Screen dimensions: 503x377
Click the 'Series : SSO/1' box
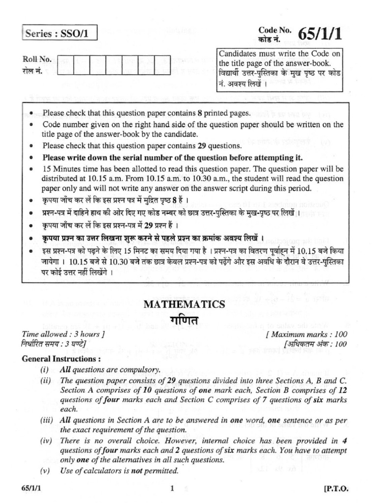tap(59, 34)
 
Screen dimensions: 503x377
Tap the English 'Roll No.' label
tap(37, 59)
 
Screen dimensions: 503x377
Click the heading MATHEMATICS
tap(184, 305)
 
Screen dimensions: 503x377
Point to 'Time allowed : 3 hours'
tap(63, 335)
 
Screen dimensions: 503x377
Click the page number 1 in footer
tap(172, 488)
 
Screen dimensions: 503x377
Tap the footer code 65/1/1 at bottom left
tap(32, 489)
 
